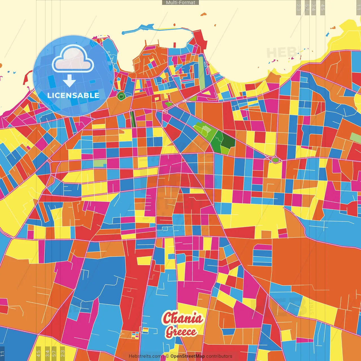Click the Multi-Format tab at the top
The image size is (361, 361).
(180, 3)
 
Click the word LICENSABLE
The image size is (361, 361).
(73, 95)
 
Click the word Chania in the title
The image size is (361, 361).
(183, 318)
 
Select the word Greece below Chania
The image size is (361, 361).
(181, 332)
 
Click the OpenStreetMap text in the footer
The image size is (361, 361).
(188, 356)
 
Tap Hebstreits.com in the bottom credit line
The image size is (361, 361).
(145, 356)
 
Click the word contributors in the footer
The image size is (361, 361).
(219, 356)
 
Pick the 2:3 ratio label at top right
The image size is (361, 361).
(298, 7)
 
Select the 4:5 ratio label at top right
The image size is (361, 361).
(323, 7)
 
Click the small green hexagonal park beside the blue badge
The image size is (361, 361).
(121, 97)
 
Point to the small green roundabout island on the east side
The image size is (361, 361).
(275, 160)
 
